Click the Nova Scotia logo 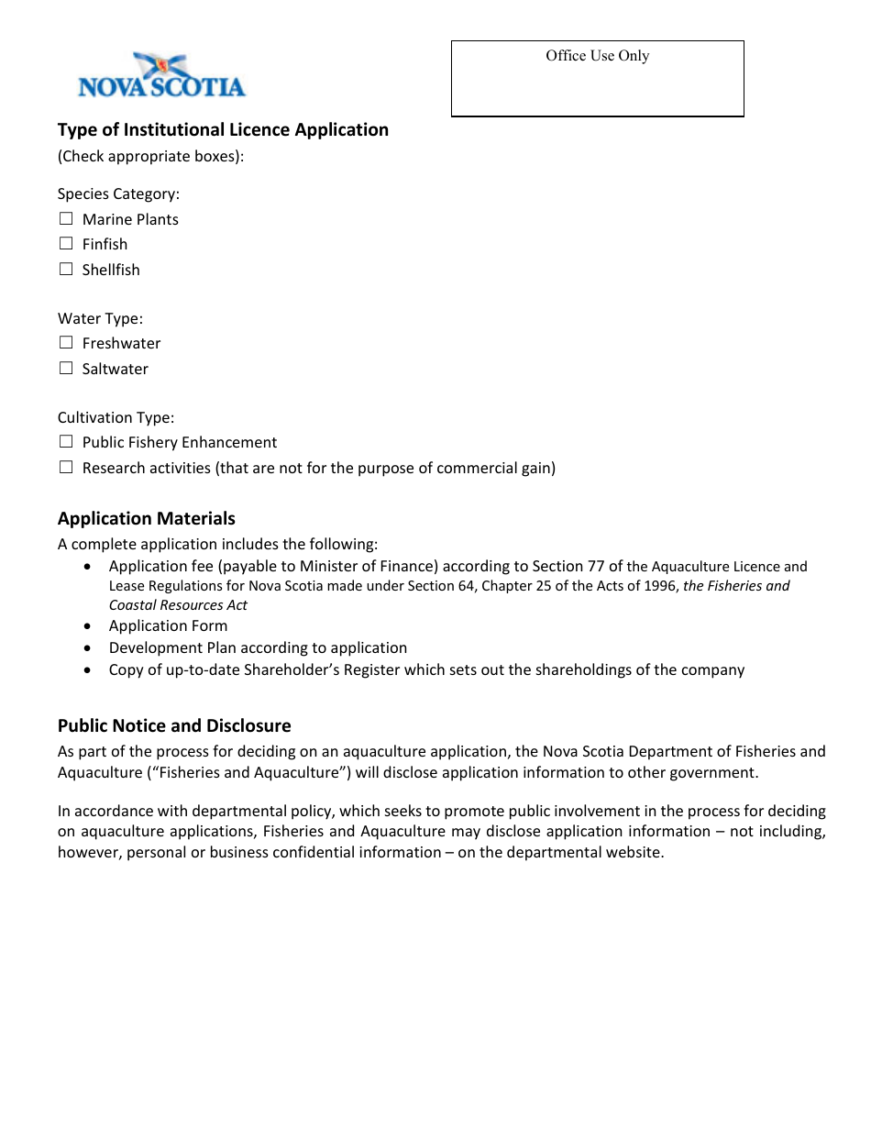click(x=161, y=76)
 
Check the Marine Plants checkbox click(x=66, y=219)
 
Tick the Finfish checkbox click(x=66, y=244)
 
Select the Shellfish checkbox click(x=66, y=270)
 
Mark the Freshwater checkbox click(x=66, y=343)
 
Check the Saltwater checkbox click(x=66, y=369)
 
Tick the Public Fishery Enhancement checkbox click(x=66, y=442)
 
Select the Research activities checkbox click(x=66, y=468)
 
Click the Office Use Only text click(x=597, y=56)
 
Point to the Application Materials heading click(x=147, y=518)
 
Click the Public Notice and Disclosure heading click(x=174, y=725)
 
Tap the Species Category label click(x=118, y=194)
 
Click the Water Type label click(x=100, y=318)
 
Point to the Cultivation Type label click(x=116, y=417)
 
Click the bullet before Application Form click(x=87, y=626)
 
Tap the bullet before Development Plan click(x=87, y=648)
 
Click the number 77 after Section click(x=595, y=567)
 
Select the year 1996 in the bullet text click(x=658, y=586)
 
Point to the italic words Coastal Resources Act click(x=178, y=605)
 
